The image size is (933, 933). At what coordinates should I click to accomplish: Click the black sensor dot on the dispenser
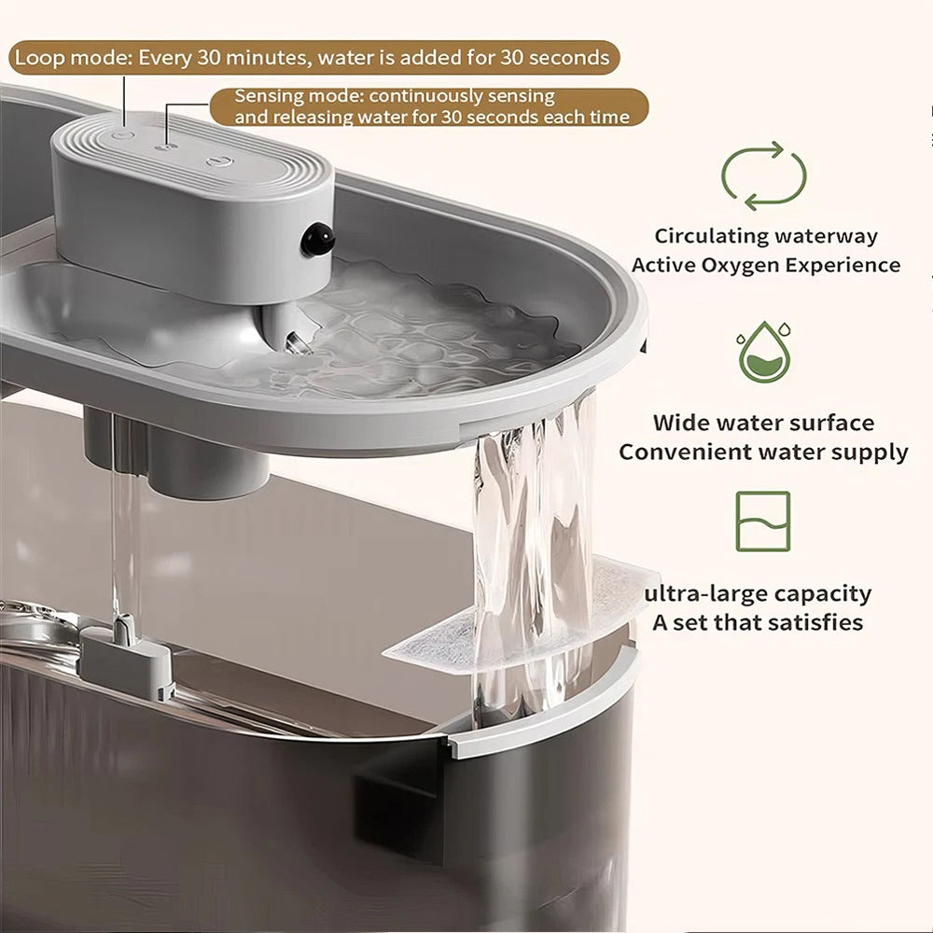[317, 239]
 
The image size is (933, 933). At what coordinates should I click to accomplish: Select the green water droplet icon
[765, 352]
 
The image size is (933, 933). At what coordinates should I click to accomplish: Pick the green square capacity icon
[763, 522]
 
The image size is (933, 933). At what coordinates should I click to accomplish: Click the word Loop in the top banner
[40, 58]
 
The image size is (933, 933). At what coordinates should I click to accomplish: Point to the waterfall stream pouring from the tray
[533, 553]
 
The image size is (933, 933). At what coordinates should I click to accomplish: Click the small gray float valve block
[127, 659]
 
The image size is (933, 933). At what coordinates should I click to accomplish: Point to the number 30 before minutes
[209, 58]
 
